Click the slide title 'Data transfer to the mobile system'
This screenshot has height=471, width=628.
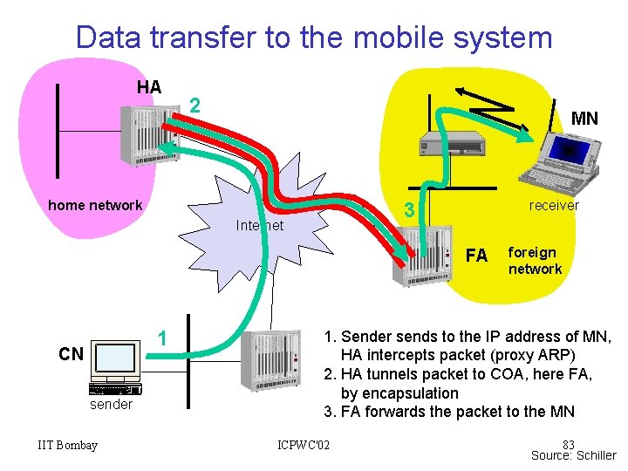314,38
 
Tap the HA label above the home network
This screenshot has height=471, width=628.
149,87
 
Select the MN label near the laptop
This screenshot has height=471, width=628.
584,119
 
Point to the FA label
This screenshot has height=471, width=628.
476,256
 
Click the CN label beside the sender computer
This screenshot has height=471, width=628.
71,354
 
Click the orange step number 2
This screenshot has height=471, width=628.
196,106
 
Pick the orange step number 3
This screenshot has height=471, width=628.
406,210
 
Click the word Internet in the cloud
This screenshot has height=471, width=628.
260,226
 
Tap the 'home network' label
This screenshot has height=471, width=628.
95,206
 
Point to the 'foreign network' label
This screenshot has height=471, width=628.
535,261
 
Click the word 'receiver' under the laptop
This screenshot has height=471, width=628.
554,206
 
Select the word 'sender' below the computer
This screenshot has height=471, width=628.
112,405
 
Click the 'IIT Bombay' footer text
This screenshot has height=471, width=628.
68,446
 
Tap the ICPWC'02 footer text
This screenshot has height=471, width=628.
304,446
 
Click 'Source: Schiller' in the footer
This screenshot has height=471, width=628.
574,455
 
